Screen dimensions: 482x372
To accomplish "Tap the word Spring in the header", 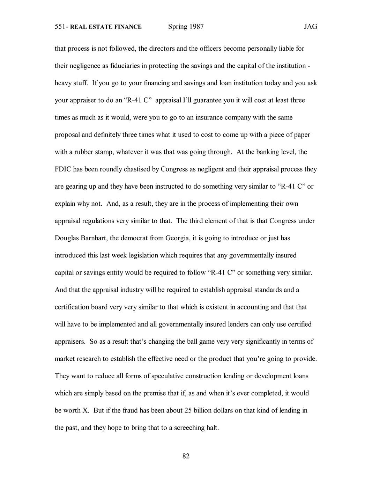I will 177,27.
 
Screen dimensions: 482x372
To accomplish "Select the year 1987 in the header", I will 196,27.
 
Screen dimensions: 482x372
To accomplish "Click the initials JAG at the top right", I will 310,27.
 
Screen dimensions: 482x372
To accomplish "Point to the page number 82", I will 186,456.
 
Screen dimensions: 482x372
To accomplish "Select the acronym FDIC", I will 63,169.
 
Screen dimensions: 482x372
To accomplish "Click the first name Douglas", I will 67,238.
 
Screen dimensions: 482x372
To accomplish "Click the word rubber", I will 94,152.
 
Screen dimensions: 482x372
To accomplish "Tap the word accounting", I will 253,307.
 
